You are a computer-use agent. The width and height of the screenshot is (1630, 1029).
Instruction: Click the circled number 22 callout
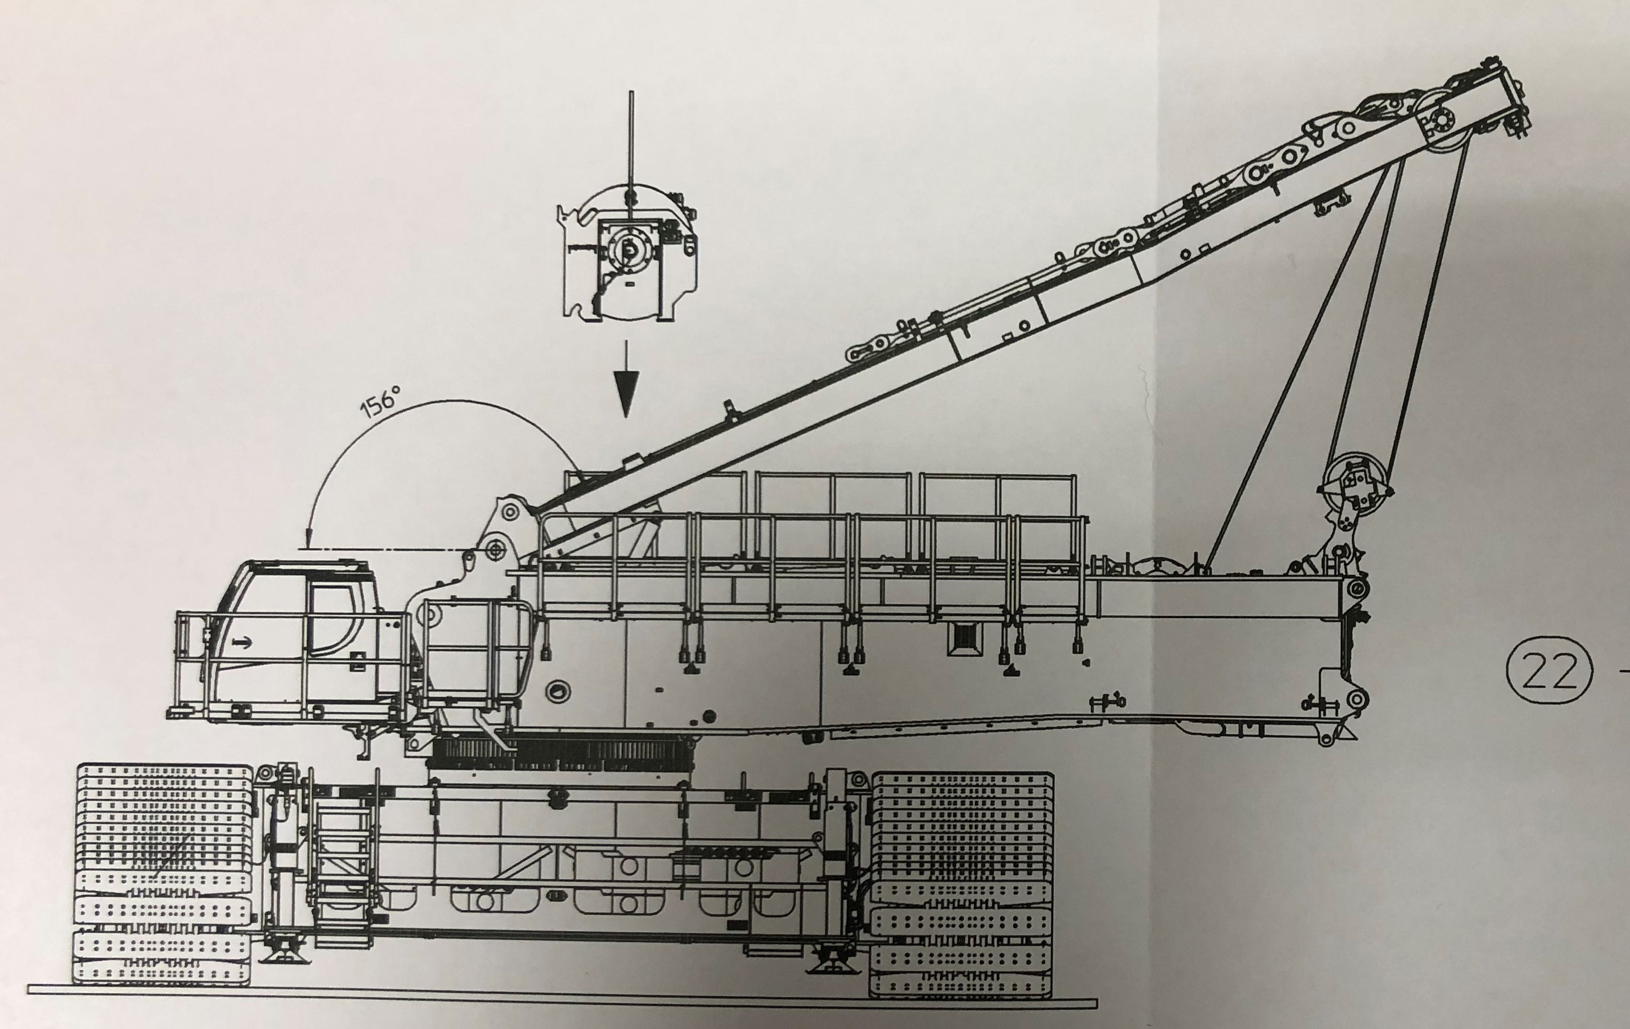click(1548, 671)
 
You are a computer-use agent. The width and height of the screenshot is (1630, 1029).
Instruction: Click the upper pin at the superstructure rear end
click(1356, 589)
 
